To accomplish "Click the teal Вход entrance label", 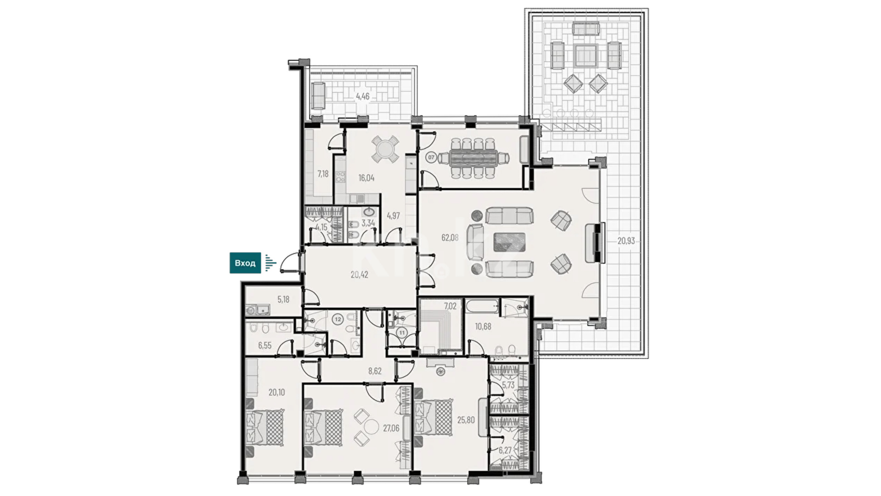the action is click(245, 263).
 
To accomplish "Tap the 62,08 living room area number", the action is click(450, 237).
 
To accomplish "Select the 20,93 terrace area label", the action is click(626, 241).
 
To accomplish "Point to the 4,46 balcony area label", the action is click(362, 96).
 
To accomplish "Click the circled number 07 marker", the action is click(431, 158).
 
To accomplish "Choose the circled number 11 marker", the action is click(402, 333).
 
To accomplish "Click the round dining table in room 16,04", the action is click(385, 149).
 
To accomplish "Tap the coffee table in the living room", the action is click(509, 242).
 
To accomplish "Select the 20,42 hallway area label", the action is click(359, 275).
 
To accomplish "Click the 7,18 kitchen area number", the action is click(323, 174).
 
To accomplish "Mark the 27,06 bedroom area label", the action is click(391, 428).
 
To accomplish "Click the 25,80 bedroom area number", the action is click(466, 420).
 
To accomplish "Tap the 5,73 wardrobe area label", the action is click(508, 385).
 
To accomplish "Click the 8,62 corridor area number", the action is click(375, 371).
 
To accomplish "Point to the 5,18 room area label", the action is click(283, 299).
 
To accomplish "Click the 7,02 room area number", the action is click(450, 306).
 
